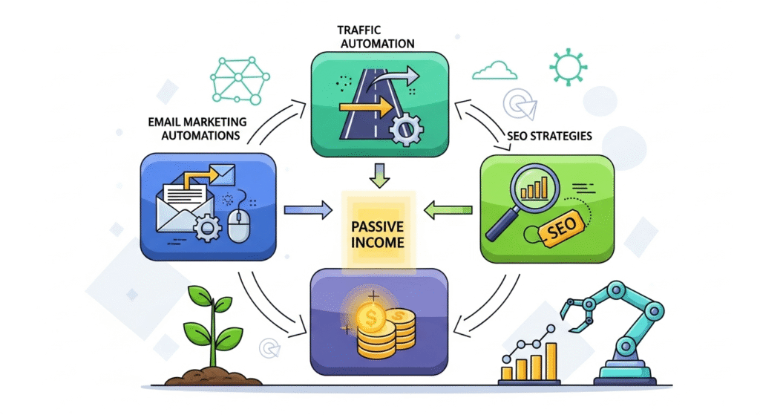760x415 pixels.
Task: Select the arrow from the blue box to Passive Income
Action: (x=309, y=210)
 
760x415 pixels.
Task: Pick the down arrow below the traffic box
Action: (x=379, y=175)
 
